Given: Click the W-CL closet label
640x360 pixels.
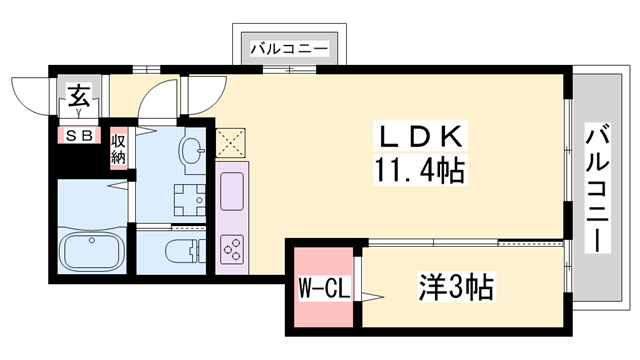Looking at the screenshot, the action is pos(323,291).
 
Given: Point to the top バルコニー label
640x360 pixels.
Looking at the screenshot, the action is pos(289,46).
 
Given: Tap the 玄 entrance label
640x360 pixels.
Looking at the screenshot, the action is pos(77,96).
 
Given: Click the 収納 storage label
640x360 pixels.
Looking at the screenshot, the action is pos(119,148).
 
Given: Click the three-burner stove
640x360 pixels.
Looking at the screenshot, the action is pos(233,248).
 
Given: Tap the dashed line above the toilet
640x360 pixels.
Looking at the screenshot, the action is pos(173,229).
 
